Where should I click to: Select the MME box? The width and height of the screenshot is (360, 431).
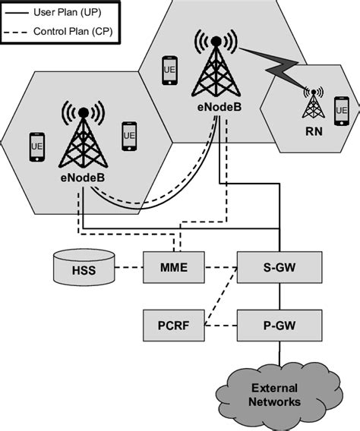[175, 267]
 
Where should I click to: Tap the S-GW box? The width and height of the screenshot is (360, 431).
[280, 267]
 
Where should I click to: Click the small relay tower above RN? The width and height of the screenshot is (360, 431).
[312, 104]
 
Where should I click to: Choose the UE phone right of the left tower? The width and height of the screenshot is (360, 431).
[128, 136]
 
